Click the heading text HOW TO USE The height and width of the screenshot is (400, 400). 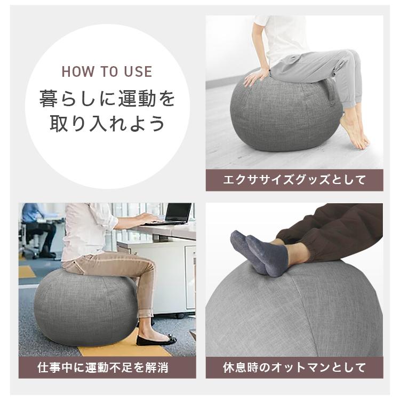[x=107, y=72]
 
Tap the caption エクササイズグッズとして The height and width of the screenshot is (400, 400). [x=294, y=180]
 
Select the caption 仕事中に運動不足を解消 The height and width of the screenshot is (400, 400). [x=107, y=367]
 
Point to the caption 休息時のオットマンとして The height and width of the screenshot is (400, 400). [x=294, y=367]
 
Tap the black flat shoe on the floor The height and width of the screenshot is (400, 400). [x=156, y=340]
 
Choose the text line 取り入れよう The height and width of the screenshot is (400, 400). [x=107, y=124]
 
